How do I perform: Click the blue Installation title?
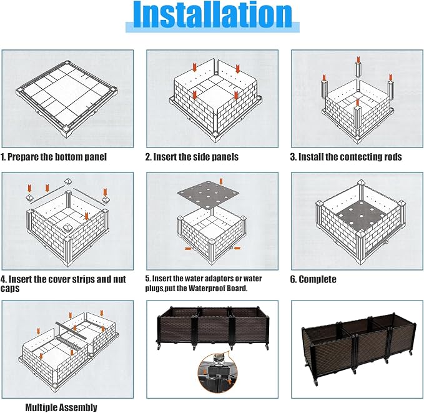point(212,15)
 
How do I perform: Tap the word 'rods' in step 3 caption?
point(393,157)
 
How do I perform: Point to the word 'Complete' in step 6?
point(317,279)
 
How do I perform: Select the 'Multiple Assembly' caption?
point(61,407)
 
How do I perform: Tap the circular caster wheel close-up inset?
point(218,372)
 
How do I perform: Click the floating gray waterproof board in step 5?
point(208,194)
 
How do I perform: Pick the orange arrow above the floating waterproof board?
point(221,181)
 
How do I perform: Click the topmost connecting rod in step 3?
point(358,71)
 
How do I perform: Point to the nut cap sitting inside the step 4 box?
point(67,227)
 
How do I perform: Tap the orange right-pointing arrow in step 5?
point(188,248)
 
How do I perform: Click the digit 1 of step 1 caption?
point(3,157)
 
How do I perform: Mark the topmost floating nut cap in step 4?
point(68,181)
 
